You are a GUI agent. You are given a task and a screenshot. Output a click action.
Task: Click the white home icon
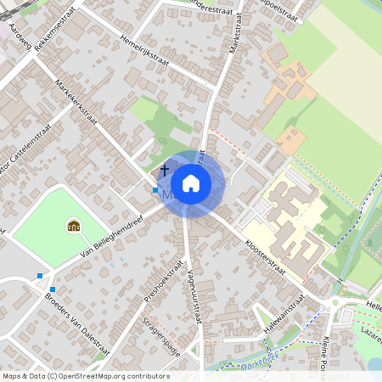[x=191, y=183]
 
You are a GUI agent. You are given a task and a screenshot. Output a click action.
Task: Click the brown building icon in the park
[x=73, y=226]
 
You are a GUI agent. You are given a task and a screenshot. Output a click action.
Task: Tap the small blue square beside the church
[x=154, y=190]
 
